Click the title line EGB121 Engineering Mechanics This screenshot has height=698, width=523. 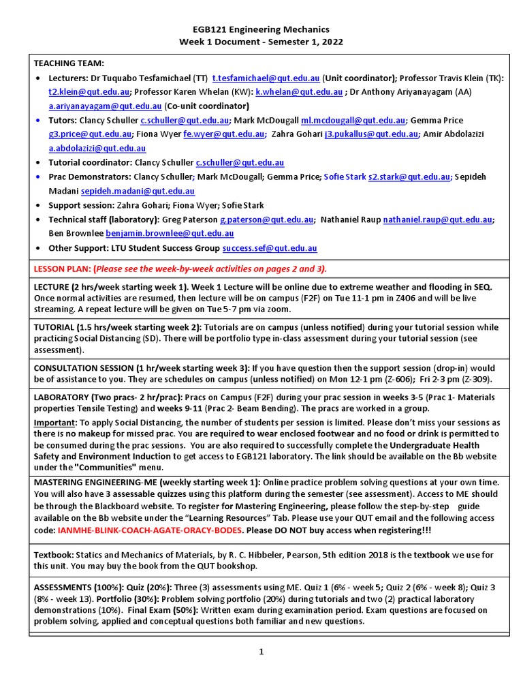(261, 29)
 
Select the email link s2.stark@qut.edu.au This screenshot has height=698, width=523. (409, 177)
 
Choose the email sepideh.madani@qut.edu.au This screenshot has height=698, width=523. (138, 192)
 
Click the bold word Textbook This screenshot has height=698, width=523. (54, 555)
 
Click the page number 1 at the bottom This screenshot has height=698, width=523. (261, 652)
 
